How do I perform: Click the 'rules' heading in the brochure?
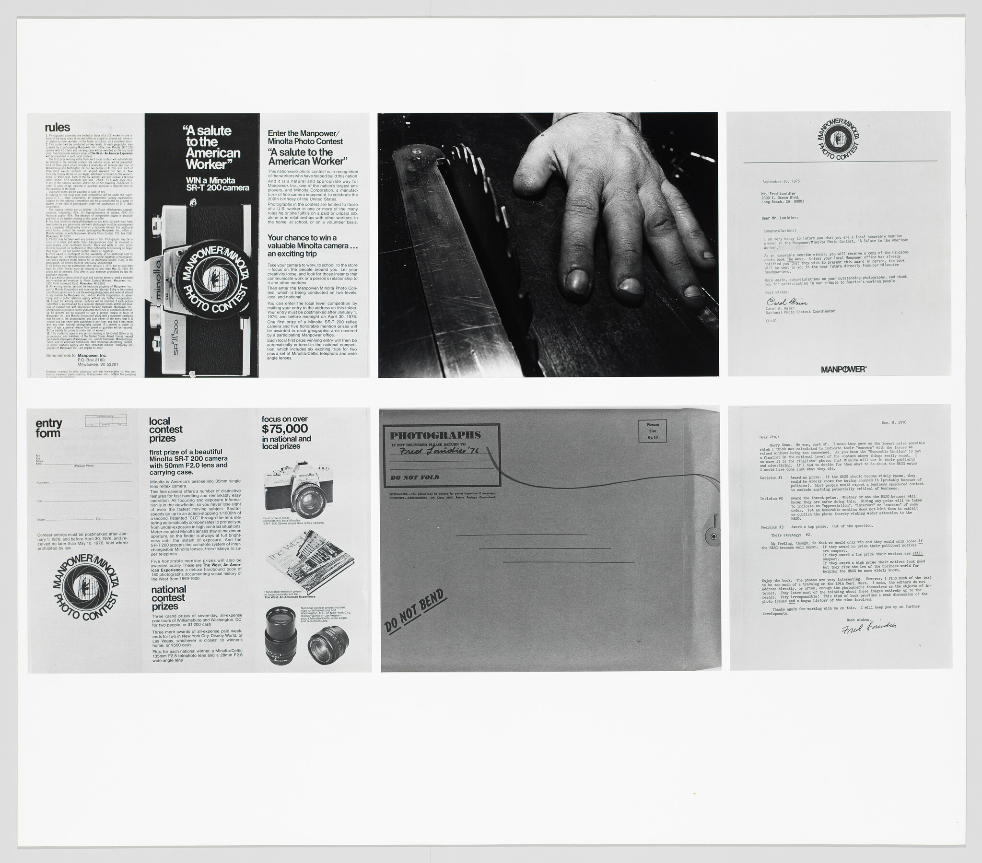coord(57,128)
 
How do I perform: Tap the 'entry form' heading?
coord(48,428)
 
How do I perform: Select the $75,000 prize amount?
coord(285,429)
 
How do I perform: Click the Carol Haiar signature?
coord(786,302)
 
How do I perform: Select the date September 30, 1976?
coord(781,182)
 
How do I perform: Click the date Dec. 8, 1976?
coord(894,423)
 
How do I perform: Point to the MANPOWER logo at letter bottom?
coord(843,370)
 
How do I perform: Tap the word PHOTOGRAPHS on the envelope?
coord(435,435)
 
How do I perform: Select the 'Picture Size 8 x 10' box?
coord(653,431)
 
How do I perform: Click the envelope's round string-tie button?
coord(713,536)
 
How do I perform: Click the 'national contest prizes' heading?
coord(168,598)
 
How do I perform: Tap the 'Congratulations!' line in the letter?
coord(780,231)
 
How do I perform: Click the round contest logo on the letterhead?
coord(838,139)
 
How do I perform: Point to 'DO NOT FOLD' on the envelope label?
coord(415,478)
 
